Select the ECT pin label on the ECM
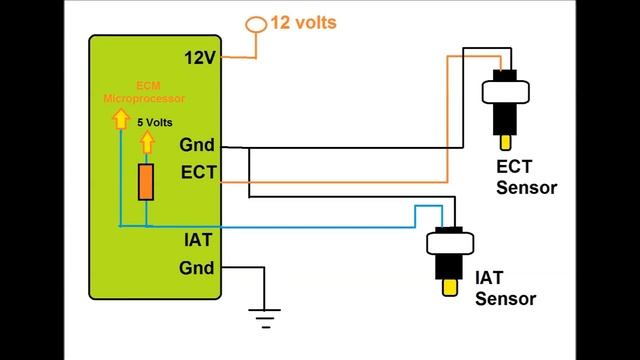click(x=197, y=172)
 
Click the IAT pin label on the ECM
click(x=196, y=240)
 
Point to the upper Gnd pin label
click(x=197, y=144)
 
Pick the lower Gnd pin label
click(x=197, y=267)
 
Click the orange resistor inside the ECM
click(x=146, y=183)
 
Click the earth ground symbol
click(x=264, y=320)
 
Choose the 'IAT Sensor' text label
click(x=505, y=289)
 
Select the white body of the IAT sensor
click(x=450, y=244)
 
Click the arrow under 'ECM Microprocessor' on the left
click(x=119, y=119)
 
